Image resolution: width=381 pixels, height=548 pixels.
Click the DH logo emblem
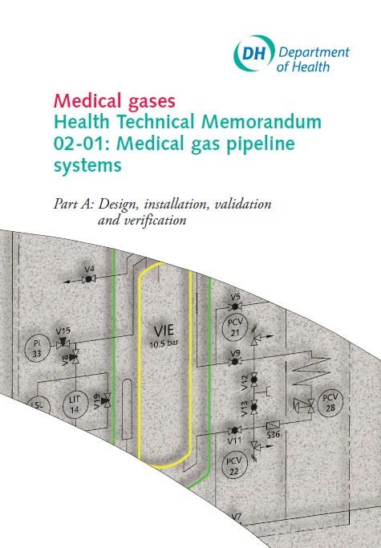tap(254, 54)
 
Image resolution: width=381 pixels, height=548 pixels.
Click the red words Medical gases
tap(114, 100)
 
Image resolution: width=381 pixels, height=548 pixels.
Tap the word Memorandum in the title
tap(261, 122)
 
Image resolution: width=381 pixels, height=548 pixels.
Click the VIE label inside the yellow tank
tap(164, 331)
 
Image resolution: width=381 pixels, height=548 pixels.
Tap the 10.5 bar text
tap(164, 343)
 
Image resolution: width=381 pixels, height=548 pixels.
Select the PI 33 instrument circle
tap(37, 348)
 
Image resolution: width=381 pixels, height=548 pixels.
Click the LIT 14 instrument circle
tap(75, 404)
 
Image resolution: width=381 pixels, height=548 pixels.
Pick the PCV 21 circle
tap(235, 327)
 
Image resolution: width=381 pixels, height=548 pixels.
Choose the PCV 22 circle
tap(234, 466)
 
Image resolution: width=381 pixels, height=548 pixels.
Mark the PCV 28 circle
tap(330, 403)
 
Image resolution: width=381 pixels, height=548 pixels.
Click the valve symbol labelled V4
tap(88, 279)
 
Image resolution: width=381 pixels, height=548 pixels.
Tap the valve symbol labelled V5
tap(235, 306)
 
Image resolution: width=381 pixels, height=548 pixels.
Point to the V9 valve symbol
tap(235, 361)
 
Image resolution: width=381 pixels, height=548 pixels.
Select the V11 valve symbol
tap(234, 430)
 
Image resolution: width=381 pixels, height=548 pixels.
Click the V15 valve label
tap(63, 331)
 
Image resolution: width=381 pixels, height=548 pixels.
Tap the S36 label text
tap(274, 434)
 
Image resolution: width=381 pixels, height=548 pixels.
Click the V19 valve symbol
tap(106, 400)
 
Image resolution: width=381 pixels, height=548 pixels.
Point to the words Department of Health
tap(313, 59)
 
